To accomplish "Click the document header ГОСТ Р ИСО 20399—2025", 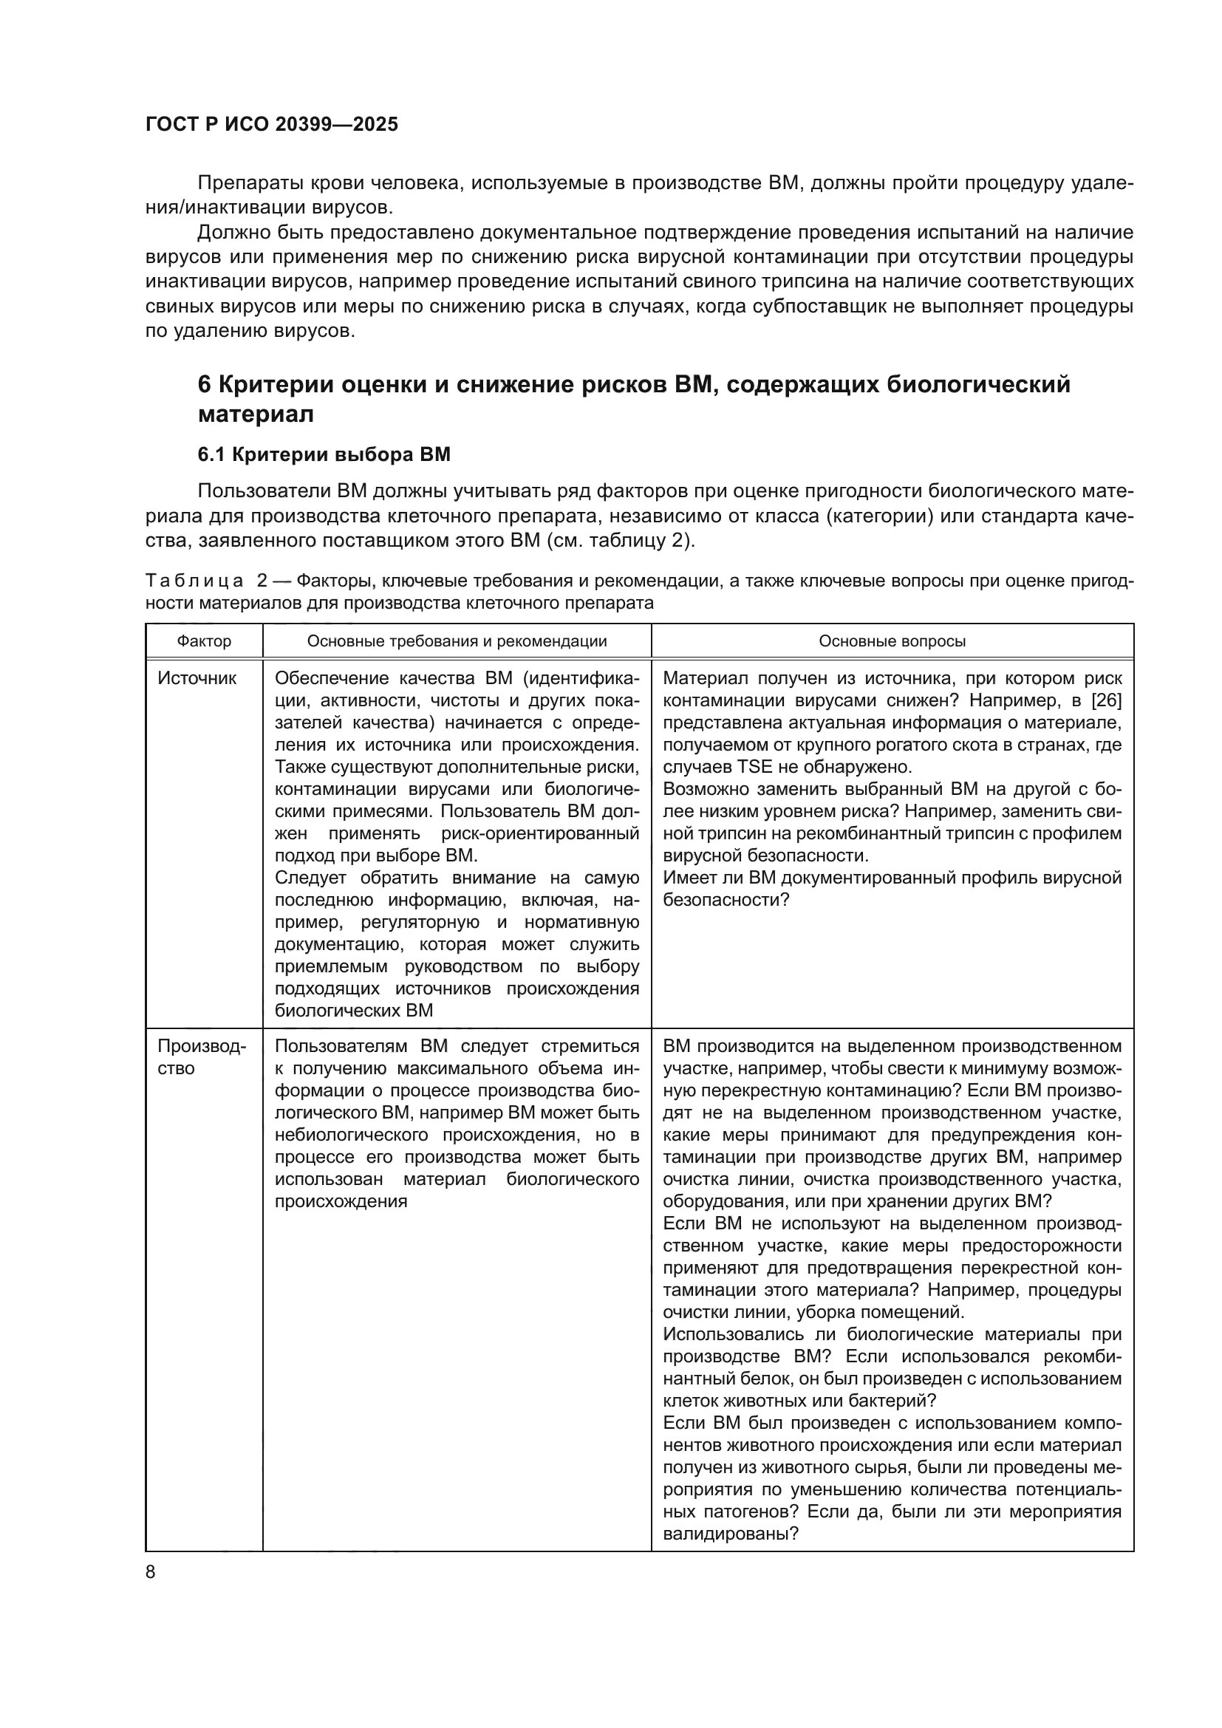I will pyautogui.click(x=272, y=125).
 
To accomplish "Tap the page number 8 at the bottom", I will pyautogui.click(x=151, y=1572).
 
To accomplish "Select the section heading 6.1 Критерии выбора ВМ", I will pyautogui.click(x=324, y=454).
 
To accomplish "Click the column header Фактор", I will pyautogui.click(x=204, y=641).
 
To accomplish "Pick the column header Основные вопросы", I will pyautogui.click(x=892, y=641).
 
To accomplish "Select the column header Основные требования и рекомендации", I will pyautogui.click(x=457, y=641).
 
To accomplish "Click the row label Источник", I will pyautogui.click(x=197, y=678).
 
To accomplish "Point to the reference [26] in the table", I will pyautogui.click(x=1105, y=700).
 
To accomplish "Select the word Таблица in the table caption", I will pyautogui.click(x=194, y=581).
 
